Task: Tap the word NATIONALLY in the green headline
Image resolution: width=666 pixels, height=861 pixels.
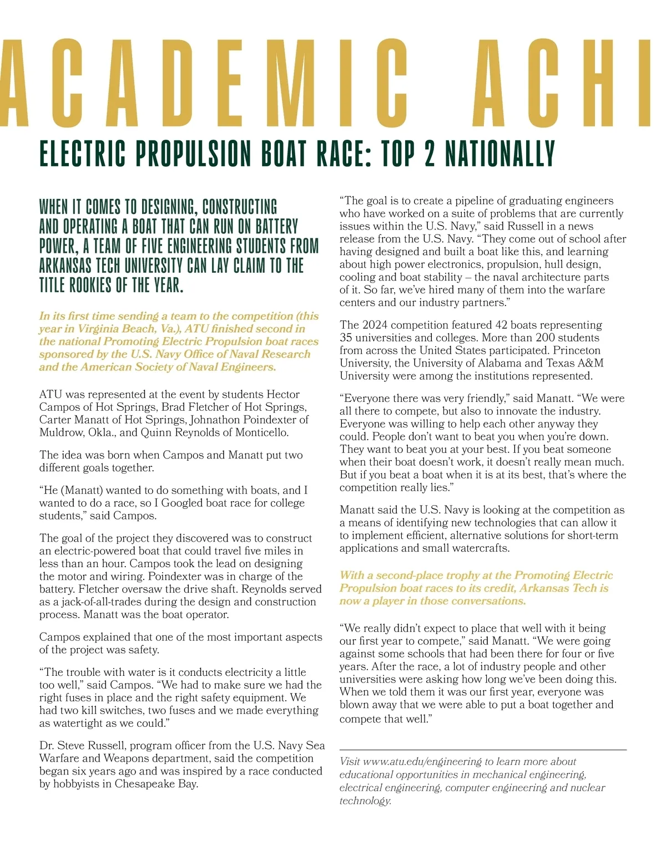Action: pyautogui.click(x=500, y=154)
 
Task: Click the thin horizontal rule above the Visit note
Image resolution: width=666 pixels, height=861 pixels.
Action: pyautogui.click(x=483, y=750)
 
